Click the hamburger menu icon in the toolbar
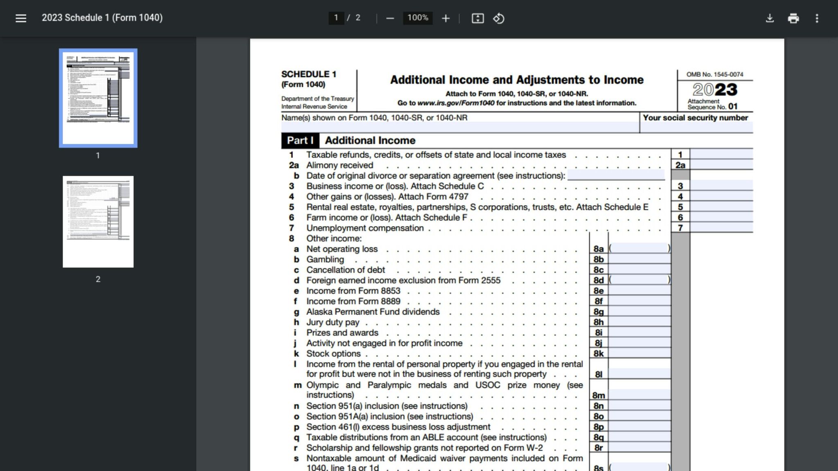click(21, 18)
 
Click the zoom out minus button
click(390, 18)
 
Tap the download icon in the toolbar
click(770, 18)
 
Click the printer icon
click(793, 18)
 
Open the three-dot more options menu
click(817, 18)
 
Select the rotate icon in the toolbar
click(498, 18)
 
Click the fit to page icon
click(478, 18)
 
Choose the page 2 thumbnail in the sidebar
click(98, 222)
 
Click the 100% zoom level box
click(418, 18)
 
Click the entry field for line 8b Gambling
click(639, 259)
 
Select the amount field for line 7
click(721, 228)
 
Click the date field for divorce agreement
click(616, 175)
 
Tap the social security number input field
click(696, 128)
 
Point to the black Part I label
click(300, 141)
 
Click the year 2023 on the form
click(715, 90)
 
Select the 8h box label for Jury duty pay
click(599, 322)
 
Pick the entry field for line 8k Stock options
click(639, 354)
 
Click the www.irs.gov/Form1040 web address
click(455, 103)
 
